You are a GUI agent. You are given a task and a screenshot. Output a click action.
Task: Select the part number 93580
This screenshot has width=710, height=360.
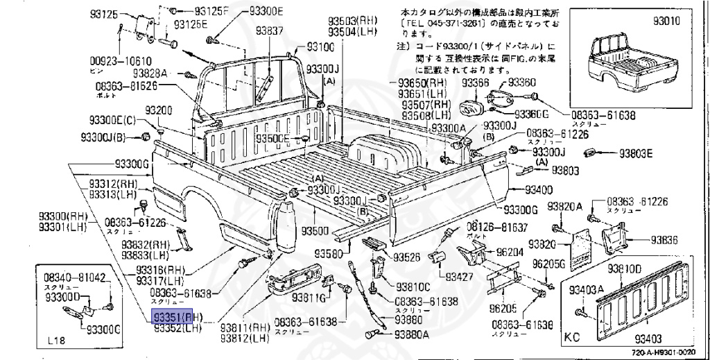[328, 253]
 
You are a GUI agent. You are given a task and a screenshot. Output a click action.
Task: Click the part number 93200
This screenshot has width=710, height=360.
[158, 111]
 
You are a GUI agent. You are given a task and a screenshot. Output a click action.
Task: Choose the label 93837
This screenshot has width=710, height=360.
[269, 31]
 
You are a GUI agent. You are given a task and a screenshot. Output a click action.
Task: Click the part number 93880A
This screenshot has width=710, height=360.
[412, 334]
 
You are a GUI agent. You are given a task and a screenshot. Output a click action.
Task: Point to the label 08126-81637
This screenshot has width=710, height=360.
[496, 227]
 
